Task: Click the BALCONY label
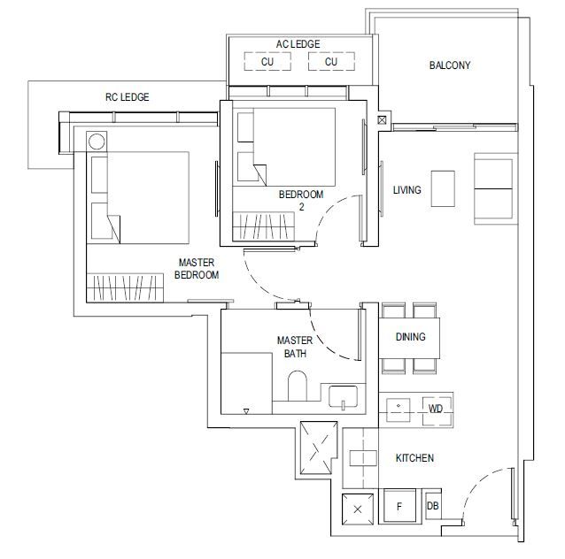450,65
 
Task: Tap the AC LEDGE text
298,44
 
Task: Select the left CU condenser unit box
267,62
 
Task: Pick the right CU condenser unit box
331,62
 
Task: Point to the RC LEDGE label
128,96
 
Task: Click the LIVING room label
406,189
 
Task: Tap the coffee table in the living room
443,188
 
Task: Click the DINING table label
410,337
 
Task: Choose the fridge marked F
399,505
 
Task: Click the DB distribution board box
433,506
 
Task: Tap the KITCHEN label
414,458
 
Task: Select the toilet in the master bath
298,386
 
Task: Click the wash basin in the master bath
343,396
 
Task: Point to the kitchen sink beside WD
399,410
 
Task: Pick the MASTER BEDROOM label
197,269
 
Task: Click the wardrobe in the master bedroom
125,287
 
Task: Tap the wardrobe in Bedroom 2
263,226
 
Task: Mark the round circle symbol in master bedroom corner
97,142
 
